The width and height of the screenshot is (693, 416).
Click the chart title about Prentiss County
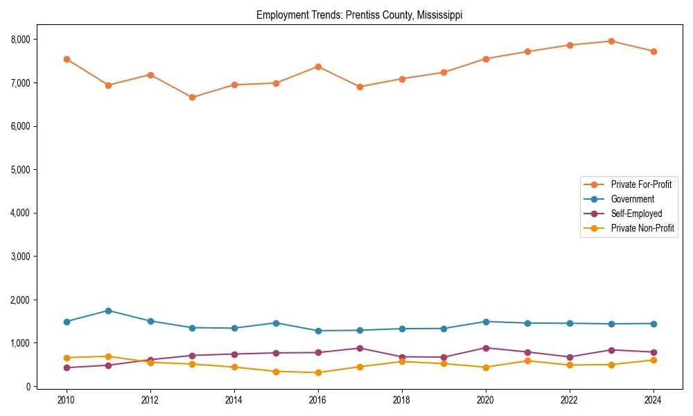coord(359,15)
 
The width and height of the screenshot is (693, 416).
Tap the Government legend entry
coord(632,199)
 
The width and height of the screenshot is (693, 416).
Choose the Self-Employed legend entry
coord(636,214)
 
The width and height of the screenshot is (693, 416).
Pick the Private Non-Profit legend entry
coord(642,228)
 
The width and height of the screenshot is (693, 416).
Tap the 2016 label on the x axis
coord(317,400)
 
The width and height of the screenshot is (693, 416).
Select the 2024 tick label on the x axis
coord(652,400)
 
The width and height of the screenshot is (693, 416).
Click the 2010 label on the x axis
coord(67,400)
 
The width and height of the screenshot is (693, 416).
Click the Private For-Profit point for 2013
coord(192,97)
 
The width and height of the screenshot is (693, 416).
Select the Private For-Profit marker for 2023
coord(611,41)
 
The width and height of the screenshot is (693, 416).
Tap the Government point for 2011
coord(108,311)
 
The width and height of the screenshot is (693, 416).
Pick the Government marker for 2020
coord(486,322)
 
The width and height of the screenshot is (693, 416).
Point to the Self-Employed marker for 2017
coord(360,348)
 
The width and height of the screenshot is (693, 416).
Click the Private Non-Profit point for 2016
coord(317,372)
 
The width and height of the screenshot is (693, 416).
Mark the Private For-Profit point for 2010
coord(67,59)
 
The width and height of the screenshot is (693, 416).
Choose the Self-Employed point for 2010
coord(67,367)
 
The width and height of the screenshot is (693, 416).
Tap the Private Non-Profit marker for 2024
coord(653,360)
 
